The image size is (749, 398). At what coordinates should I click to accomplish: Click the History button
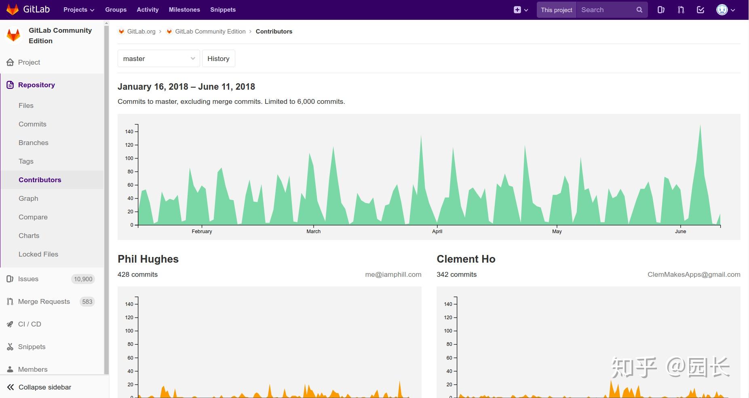218,59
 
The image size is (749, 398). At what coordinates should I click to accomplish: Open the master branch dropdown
158,59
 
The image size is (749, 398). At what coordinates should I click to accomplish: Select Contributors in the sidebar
40,180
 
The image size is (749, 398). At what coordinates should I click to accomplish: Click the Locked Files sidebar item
38,254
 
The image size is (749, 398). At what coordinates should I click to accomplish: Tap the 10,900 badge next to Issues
83,279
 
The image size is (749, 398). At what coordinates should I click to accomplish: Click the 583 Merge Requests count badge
87,301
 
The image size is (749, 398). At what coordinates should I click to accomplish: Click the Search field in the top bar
606,10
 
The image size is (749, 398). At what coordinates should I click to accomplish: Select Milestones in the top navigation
184,10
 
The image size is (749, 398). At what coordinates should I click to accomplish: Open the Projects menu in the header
79,10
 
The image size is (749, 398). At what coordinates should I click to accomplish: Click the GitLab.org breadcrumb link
141,32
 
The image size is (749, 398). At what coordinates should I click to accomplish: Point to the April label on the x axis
437,232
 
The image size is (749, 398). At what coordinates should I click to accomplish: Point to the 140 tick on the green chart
129,132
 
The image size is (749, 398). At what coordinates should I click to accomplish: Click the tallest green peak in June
700,126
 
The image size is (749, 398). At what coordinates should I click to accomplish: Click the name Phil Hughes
148,259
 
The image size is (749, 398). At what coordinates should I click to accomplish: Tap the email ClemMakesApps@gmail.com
694,274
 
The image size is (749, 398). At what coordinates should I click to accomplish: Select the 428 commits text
137,274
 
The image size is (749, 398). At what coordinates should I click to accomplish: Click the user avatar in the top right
722,10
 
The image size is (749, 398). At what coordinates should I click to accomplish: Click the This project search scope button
556,10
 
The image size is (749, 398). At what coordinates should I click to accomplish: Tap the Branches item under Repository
34,143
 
